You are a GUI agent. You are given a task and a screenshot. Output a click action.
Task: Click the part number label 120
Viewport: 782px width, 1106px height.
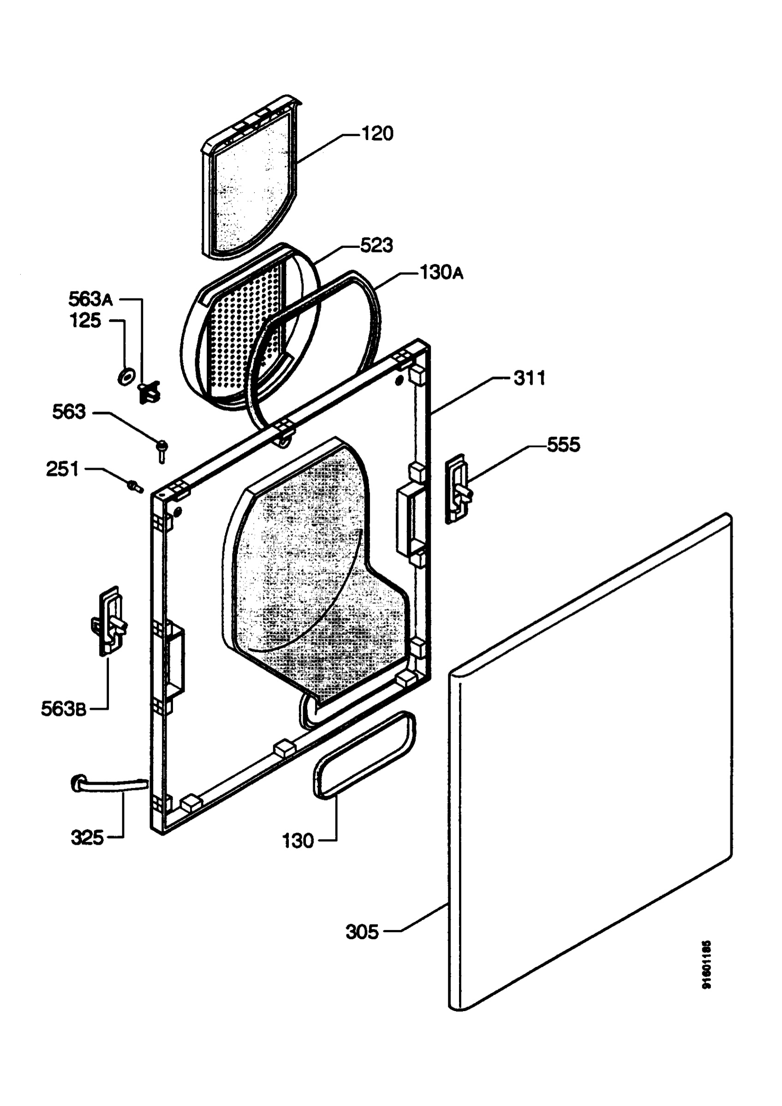tap(377, 134)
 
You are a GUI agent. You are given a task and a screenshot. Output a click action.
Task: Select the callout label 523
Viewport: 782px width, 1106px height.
tap(376, 245)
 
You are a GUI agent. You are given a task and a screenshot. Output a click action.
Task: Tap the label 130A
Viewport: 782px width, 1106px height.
tap(441, 273)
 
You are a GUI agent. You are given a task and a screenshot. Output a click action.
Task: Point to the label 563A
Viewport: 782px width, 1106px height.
tap(90, 299)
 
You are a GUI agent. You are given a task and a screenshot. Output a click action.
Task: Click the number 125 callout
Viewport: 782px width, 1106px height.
tap(85, 320)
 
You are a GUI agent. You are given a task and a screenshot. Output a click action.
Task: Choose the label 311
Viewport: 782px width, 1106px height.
tap(529, 378)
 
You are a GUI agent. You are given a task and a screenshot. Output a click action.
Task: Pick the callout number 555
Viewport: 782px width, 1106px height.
tap(563, 445)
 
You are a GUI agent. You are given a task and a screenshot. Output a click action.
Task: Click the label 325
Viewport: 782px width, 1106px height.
tap(87, 838)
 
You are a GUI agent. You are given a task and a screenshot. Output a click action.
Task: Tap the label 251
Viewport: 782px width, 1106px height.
tap(62, 469)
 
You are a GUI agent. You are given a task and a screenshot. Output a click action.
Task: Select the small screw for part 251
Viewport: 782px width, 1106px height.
tap(135, 487)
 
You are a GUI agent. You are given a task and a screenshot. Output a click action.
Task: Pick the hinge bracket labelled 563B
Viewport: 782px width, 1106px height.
tap(110, 621)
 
